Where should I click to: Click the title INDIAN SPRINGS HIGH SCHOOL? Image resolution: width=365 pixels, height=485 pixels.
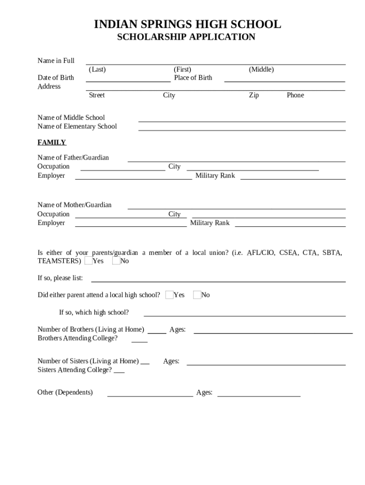pos(187,24)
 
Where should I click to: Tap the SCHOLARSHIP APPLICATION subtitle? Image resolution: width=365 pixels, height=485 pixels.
pos(186,37)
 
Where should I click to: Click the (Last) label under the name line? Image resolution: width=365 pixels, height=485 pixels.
pos(97,70)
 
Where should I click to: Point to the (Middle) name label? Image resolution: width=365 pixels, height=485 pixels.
pos(261,70)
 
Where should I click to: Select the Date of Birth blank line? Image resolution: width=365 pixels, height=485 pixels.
pos(128,81)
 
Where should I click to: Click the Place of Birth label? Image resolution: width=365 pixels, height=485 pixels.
pos(193,78)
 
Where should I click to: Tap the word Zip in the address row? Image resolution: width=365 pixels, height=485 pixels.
pos(254,95)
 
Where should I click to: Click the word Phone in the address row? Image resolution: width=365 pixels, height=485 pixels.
pos(295,95)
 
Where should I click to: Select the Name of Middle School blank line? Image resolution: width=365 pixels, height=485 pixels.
pos(242,121)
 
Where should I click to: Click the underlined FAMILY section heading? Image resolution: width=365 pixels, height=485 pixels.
pos(52,143)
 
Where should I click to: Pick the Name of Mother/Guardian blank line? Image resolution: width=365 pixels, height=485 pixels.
pos(237,208)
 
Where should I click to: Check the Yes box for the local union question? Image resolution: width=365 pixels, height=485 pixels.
pos(89,261)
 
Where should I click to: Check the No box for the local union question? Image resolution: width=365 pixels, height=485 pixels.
pos(116,261)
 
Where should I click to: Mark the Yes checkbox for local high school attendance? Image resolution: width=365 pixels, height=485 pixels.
pos(170,295)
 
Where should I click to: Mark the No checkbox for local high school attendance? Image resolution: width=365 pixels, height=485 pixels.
pos(197,295)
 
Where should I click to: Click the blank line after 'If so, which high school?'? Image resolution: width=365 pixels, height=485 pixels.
pos(245,315)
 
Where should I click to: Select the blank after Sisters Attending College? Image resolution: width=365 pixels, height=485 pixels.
pos(119,373)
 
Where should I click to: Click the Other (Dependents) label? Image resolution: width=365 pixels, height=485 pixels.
pos(65,392)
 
